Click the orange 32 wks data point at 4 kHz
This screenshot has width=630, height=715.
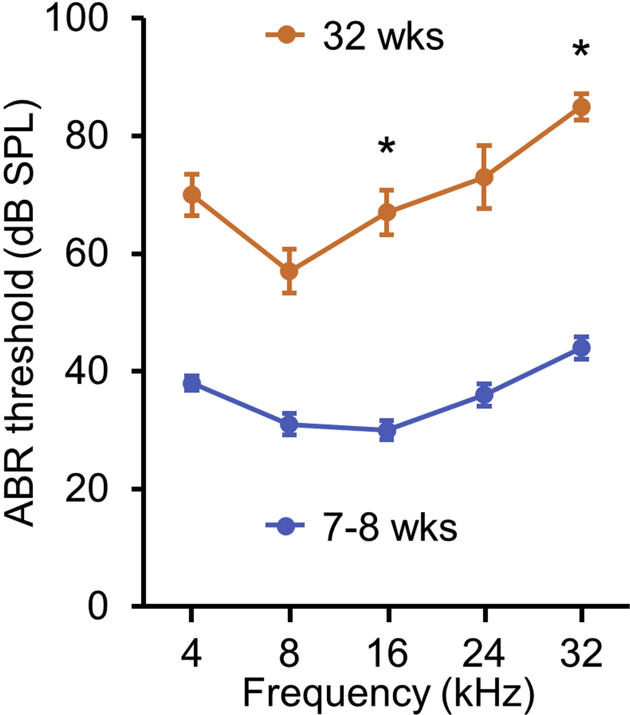[x=192, y=195]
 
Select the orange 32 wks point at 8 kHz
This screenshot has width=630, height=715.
[x=289, y=271]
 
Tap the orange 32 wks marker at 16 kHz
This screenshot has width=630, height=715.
[x=387, y=212]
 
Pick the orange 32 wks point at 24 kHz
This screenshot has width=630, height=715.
[x=484, y=177]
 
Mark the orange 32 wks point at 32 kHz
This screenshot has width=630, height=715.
[x=581, y=107]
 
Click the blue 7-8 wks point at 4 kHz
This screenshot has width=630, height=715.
[x=192, y=383]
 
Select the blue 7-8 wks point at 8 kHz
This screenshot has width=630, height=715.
[x=289, y=424]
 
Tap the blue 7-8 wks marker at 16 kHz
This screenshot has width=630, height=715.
[x=387, y=430]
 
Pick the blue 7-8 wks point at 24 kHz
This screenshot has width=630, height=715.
[x=484, y=395]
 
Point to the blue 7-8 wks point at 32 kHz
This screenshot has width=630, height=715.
[x=581, y=348]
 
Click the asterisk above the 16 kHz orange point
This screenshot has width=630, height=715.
[x=387, y=146]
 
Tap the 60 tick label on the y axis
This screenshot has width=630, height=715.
[x=86, y=254]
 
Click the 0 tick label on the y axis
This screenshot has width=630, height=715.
[x=98, y=607]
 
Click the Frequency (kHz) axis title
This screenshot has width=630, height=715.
[x=388, y=693]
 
